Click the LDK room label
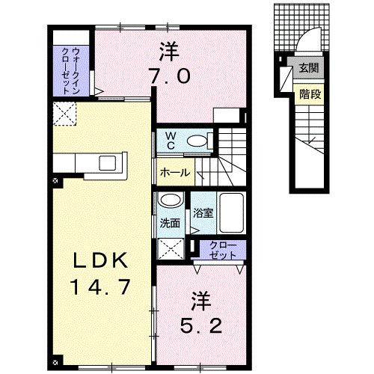(104, 262)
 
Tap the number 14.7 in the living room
(104, 285)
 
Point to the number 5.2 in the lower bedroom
(200, 326)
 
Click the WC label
(171, 140)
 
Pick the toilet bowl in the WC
(199, 140)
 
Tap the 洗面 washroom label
(170, 222)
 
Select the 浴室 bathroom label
(203, 213)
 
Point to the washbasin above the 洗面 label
(171, 200)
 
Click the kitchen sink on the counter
(105, 162)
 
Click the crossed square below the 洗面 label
(171, 248)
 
